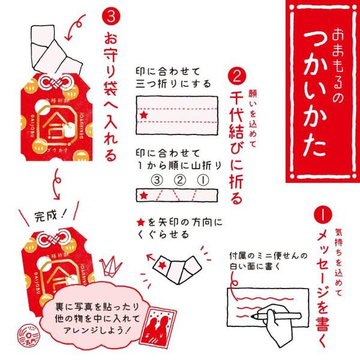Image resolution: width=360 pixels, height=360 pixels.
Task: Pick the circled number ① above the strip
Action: coord(202,179)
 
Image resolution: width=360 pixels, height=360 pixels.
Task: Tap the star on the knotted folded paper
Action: coord(163,262)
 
